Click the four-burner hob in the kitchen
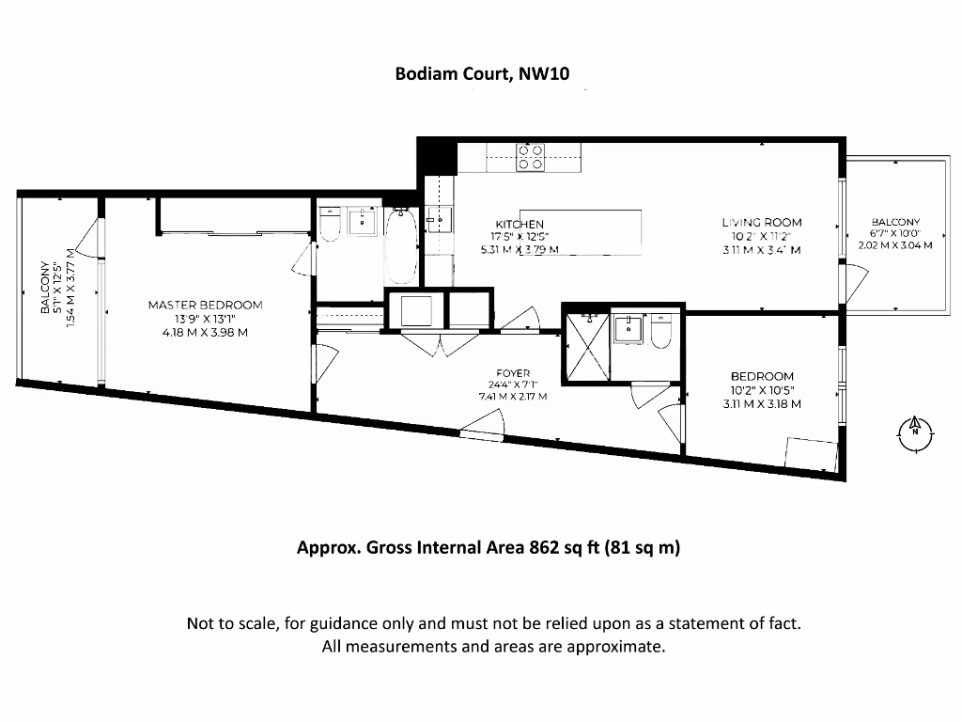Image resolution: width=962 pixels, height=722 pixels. [531, 156]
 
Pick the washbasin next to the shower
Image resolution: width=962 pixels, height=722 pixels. [627, 330]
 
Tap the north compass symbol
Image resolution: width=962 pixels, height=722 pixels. [913, 432]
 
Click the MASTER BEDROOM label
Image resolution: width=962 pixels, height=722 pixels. [205, 305]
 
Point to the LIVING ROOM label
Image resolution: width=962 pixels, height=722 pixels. [762, 223]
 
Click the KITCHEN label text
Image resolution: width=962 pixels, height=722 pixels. [520, 224]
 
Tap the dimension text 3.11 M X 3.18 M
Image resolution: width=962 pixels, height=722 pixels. [762, 404]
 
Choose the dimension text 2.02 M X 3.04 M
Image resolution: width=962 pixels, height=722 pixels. [894, 245]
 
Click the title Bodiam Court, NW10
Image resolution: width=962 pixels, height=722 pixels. [481, 76]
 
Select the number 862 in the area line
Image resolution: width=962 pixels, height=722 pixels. [543, 547]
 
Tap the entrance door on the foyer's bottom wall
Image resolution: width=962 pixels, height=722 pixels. [482, 433]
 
